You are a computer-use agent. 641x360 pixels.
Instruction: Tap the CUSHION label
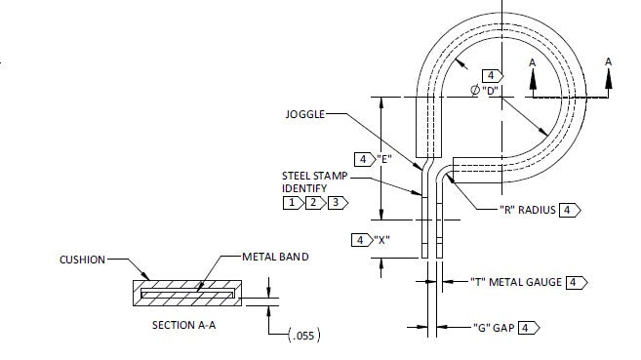tap(81, 260)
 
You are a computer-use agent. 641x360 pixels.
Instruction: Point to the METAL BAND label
tap(276, 257)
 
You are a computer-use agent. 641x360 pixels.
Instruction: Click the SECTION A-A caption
tap(184, 324)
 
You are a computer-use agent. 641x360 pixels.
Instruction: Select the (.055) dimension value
tap(305, 336)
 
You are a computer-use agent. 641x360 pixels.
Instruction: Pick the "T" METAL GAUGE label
tap(516, 282)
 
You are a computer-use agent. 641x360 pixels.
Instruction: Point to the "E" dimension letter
tap(384, 159)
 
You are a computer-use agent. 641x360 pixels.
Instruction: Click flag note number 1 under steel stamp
tap(292, 203)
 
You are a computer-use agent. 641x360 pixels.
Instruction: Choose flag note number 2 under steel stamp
tap(313, 203)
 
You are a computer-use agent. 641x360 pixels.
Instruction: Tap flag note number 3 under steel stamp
tap(335, 203)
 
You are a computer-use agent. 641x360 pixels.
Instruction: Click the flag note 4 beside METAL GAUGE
tap(575, 282)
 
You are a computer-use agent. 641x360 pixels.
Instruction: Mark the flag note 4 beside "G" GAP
tap(527, 327)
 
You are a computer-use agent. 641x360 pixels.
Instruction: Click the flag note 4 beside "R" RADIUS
tap(569, 211)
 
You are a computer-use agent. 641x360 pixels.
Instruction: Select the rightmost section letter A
tap(609, 61)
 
